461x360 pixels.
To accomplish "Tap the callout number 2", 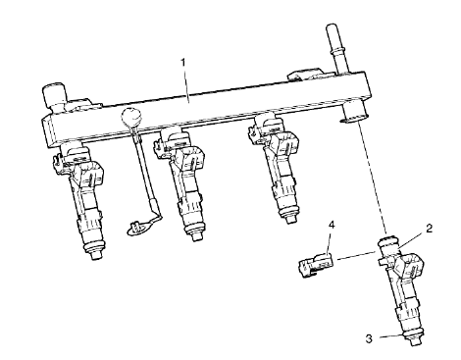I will pos(429,228).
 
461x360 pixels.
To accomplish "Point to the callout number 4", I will pos(331,227).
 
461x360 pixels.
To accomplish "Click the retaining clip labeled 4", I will pos(313,262).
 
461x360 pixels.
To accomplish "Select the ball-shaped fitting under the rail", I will pos(134,121).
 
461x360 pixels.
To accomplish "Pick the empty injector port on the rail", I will pos(349,118).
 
